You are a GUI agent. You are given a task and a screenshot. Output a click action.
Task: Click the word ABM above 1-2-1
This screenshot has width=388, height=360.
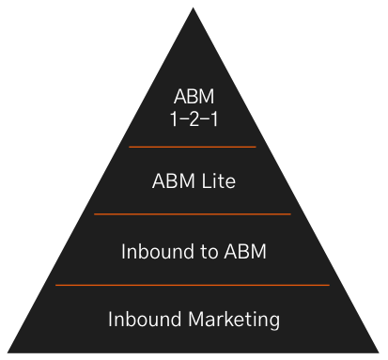[193, 97]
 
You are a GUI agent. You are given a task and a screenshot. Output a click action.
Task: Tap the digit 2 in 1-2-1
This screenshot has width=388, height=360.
[193, 119]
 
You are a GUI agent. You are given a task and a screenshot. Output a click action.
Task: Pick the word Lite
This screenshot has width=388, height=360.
[216, 181]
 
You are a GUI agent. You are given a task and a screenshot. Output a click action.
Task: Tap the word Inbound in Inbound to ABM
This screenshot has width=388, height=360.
[157, 251]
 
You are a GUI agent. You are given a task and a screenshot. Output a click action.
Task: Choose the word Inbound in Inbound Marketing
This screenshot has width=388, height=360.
[142, 319]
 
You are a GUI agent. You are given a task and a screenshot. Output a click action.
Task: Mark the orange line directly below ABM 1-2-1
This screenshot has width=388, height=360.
[193, 147]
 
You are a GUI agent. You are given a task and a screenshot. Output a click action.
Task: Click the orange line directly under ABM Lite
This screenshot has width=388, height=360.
[193, 214]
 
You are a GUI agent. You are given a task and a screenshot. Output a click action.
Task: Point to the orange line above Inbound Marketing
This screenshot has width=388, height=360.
[193, 284]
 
